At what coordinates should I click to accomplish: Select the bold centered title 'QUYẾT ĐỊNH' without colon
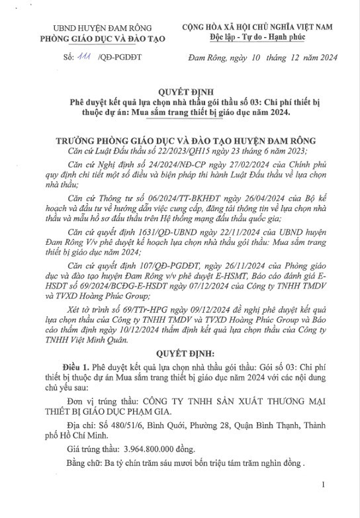click(x=179, y=93)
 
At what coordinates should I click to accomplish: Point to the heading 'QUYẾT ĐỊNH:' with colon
click(x=180, y=354)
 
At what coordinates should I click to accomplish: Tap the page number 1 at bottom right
click(x=322, y=503)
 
